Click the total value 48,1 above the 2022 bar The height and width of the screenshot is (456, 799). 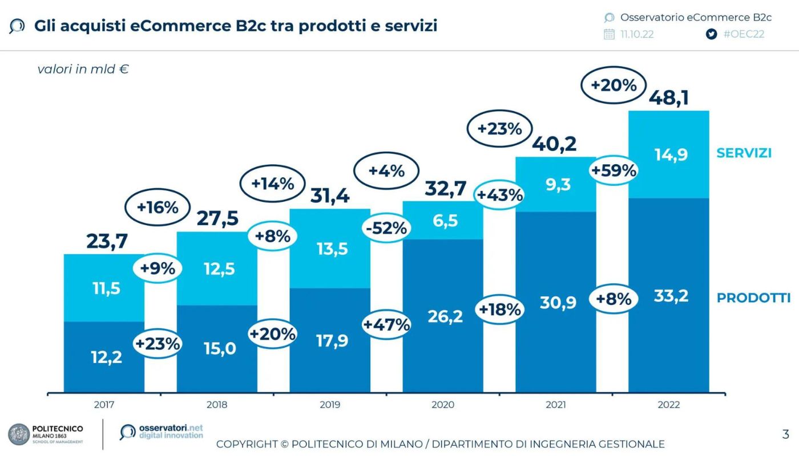[x=668, y=97]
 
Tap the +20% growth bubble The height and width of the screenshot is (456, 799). [x=614, y=85]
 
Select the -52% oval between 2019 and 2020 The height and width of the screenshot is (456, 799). [x=387, y=228]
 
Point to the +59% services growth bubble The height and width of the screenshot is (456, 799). [x=614, y=170]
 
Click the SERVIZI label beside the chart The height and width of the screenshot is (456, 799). [x=744, y=153]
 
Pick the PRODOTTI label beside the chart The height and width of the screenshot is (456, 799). [x=753, y=298]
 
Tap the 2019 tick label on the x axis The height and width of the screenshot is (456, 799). [x=330, y=405]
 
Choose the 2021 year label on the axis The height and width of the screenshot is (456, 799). [x=556, y=405]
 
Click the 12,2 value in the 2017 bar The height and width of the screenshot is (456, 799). [x=106, y=357]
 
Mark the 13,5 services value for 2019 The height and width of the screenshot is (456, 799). [x=332, y=249]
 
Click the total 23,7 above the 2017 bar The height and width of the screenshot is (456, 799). [x=107, y=241]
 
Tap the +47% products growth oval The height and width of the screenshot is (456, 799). [x=387, y=325]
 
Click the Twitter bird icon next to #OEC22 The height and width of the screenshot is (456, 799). [x=711, y=34]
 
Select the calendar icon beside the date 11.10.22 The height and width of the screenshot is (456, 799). [x=609, y=34]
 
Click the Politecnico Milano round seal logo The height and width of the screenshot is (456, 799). [x=19, y=434]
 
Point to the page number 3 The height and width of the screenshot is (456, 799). [x=785, y=435]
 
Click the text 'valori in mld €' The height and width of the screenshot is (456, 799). [x=83, y=70]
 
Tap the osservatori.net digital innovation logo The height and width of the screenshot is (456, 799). [x=162, y=431]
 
